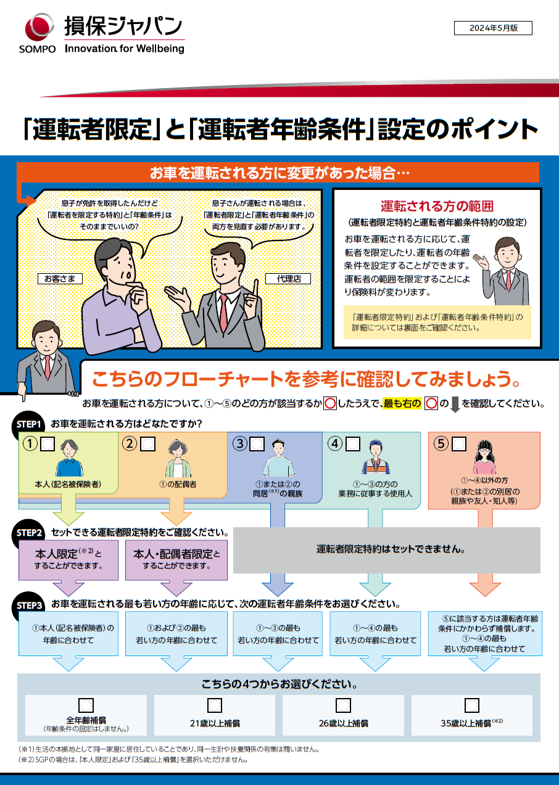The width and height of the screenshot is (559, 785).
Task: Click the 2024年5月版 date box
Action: (x=493, y=28)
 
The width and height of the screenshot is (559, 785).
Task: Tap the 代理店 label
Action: (x=288, y=279)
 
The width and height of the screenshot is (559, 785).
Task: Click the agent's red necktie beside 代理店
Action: (x=223, y=314)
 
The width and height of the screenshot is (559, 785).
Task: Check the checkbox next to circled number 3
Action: (x=257, y=443)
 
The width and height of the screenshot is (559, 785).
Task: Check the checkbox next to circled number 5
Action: (x=459, y=443)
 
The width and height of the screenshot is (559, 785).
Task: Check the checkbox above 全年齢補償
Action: (x=86, y=705)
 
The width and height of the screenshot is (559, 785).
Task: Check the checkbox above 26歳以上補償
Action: (x=343, y=705)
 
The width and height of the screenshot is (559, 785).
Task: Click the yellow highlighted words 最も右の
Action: (x=402, y=405)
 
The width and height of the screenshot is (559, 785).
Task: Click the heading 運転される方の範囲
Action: (x=436, y=206)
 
